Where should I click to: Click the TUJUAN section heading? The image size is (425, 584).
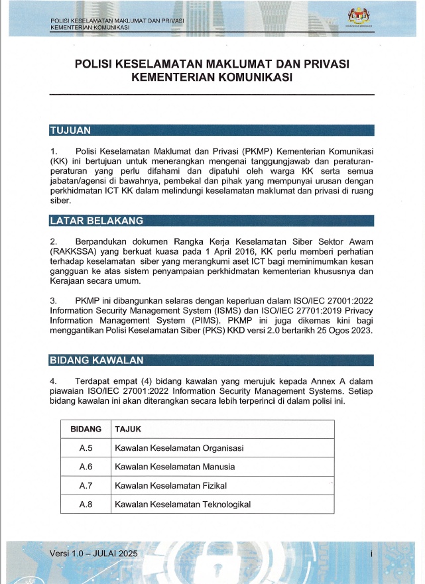pyautogui.click(x=70, y=130)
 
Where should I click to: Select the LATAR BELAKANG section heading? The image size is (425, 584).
pyautogui.click(x=96, y=221)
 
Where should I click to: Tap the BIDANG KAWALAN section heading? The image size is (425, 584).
pyautogui.click(x=95, y=360)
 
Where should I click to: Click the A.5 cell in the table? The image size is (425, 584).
pyautogui.click(x=86, y=448)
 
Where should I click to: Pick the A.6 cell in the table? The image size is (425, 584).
pyautogui.click(x=86, y=467)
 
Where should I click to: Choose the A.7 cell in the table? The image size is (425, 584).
pyautogui.click(x=86, y=486)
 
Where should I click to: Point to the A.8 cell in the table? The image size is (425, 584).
pyautogui.click(x=86, y=504)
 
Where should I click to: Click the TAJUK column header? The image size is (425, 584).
pyautogui.click(x=128, y=429)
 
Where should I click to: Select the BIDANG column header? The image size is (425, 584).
pyautogui.click(x=86, y=429)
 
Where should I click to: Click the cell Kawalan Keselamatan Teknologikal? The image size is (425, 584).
pyautogui.click(x=182, y=504)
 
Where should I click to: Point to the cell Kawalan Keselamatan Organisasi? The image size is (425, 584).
pyautogui.click(x=179, y=448)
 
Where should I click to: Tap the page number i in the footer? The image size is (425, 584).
pyautogui.click(x=372, y=553)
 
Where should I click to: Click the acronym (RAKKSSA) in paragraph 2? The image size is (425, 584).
pyautogui.click(x=72, y=251)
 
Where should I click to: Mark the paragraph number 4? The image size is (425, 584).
pyautogui.click(x=52, y=381)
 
